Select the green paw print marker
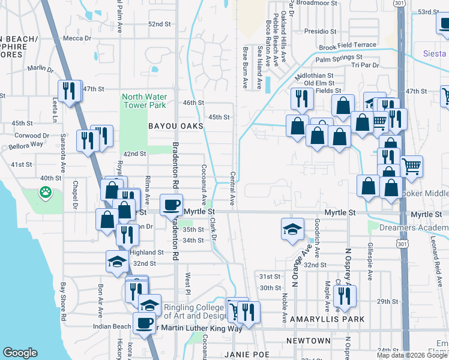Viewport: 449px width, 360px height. tap(46, 193)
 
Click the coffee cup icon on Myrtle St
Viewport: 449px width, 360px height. tap(171, 205)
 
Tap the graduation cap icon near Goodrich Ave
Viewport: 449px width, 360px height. tap(292, 229)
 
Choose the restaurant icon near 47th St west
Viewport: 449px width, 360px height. tap(70, 91)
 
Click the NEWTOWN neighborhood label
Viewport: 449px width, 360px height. tap(308, 340)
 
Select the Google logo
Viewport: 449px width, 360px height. tap(20, 353)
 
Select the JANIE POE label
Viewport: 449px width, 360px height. tap(245, 355)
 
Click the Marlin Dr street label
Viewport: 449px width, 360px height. tap(41, 68)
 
